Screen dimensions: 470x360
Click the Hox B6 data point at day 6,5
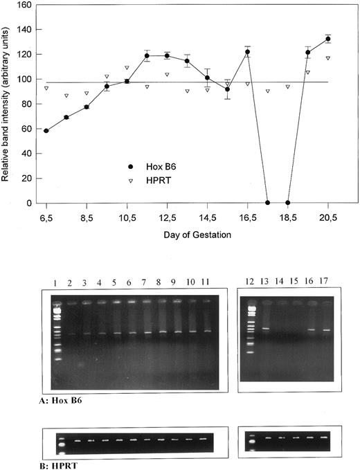pyautogui.click(x=46, y=131)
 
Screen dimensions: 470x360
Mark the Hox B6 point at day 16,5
pyautogui.click(x=247, y=52)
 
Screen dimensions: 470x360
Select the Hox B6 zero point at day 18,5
pyautogui.click(x=287, y=203)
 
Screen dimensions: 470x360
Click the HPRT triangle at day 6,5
pyautogui.click(x=46, y=88)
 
